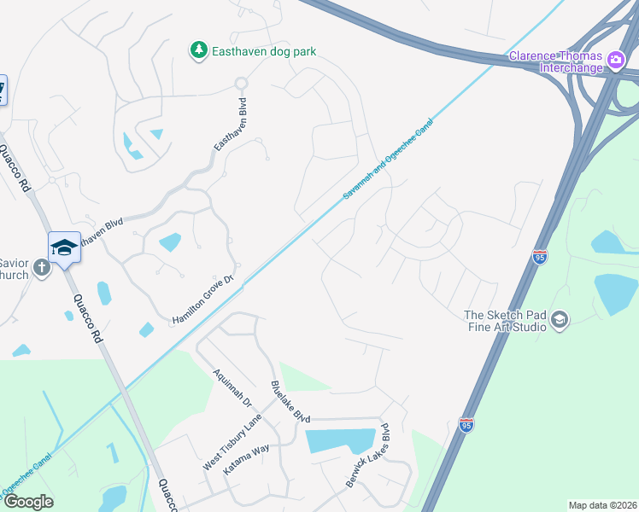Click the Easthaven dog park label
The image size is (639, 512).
(264, 51)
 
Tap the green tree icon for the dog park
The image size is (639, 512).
(198, 51)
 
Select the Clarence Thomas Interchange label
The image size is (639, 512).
(556, 57)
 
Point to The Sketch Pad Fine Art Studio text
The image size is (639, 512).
(505, 320)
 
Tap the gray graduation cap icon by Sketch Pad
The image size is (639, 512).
(560, 320)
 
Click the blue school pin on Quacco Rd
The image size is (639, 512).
(64, 247)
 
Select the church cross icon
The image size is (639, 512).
(41, 270)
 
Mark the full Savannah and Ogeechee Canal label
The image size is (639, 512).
(389, 160)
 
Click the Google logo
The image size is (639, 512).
(27, 502)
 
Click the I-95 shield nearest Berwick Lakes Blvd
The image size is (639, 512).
(466, 425)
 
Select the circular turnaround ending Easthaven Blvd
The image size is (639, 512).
(242, 84)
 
